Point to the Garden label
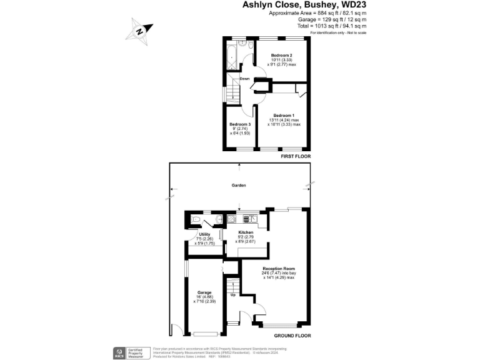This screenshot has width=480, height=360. click(x=238, y=186)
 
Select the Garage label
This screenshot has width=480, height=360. click(x=204, y=292)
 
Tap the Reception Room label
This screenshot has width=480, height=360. click(x=278, y=268)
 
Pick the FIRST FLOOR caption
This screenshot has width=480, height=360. click(x=296, y=156)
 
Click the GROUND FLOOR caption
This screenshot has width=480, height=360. click(x=293, y=336)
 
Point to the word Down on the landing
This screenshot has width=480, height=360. click(x=244, y=79)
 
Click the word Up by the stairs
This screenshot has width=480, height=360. click(x=233, y=294)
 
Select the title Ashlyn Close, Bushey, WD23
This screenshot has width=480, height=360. click(x=304, y=5)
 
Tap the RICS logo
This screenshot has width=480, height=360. click(x=118, y=352)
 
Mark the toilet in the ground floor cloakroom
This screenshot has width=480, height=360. click(x=196, y=220)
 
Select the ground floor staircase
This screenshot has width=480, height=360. click(x=233, y=306)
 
